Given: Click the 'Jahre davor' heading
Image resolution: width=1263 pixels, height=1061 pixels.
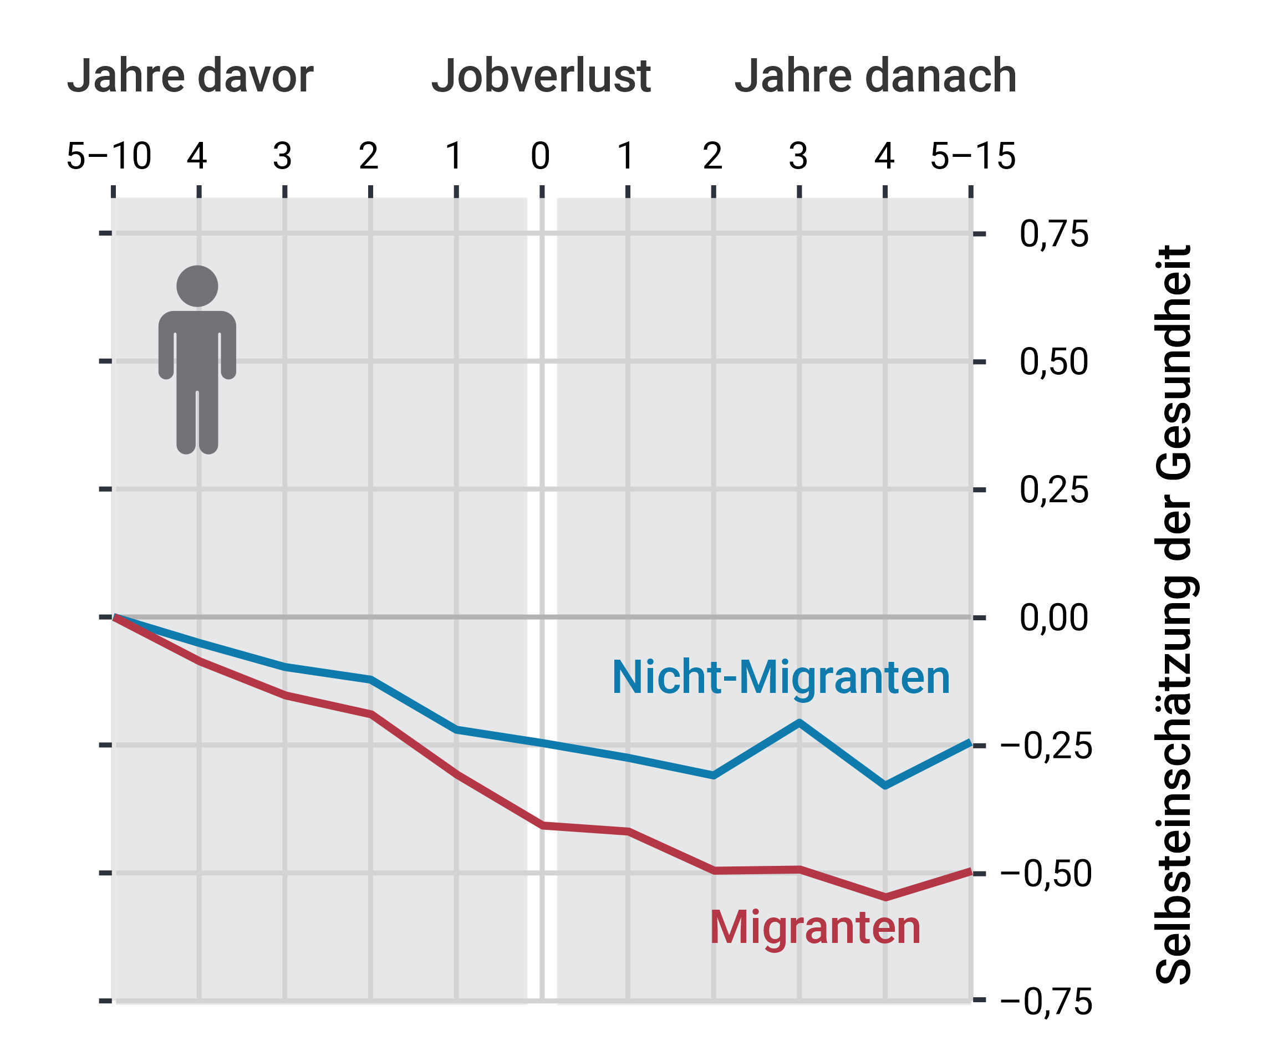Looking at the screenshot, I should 190,76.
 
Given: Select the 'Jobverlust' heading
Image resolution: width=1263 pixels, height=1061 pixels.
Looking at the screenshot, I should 541,76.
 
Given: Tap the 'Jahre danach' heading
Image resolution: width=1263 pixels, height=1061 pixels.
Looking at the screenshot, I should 875,76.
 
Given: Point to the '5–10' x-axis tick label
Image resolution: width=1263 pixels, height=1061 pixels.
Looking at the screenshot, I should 109,156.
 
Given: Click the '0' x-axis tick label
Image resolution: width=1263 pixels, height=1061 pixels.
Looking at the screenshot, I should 540,156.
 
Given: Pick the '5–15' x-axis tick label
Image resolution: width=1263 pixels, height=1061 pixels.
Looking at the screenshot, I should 972,156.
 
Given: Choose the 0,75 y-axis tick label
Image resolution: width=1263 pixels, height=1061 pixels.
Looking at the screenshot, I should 1054,234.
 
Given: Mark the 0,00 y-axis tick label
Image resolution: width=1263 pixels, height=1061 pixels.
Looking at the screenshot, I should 1054,618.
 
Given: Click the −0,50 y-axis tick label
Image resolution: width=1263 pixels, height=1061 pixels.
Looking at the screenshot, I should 1046,874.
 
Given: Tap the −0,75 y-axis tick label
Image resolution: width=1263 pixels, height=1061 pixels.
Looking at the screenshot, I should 1046,1002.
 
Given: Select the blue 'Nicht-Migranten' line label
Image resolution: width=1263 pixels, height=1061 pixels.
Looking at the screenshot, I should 781,678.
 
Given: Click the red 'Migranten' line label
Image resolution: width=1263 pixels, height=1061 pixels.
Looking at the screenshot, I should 815,927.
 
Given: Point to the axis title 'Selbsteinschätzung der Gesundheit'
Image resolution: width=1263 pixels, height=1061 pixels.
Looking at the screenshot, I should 1173,614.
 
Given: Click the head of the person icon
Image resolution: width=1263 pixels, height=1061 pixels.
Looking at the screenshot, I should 197,286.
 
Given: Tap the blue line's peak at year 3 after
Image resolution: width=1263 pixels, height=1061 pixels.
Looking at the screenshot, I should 799,722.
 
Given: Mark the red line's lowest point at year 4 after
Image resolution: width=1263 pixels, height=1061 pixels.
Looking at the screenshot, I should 885,898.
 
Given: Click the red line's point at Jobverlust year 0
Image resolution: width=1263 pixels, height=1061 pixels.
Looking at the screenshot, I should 542,826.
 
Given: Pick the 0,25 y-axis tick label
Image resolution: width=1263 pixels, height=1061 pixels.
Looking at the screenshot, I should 1054,490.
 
